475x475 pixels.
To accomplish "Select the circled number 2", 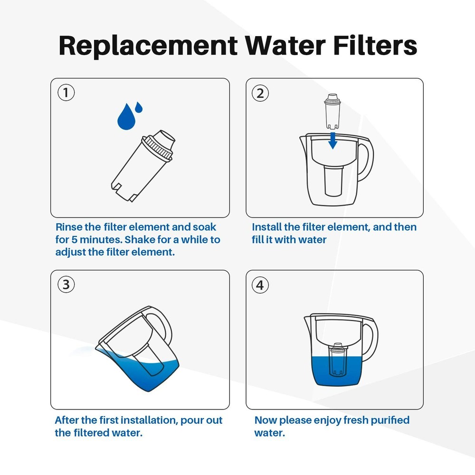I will coord(260,93).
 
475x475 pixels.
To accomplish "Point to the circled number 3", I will coord(66,285).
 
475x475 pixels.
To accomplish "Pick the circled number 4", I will coord(260,285).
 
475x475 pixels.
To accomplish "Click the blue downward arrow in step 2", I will coord(333,140).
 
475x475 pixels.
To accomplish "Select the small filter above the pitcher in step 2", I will coord(333,112).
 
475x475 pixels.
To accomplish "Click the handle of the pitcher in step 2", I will coord(366,161).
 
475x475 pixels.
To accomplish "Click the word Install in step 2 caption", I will coord(266,227).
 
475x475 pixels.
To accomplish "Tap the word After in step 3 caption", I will coord(68,420).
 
